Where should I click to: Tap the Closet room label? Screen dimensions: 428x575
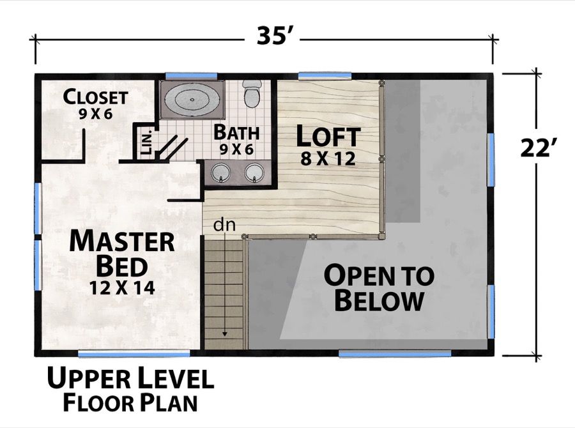tap(96, 98)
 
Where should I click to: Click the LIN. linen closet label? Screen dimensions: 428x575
tap(144, 142)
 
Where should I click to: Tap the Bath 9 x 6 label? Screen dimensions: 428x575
tap(236, 139)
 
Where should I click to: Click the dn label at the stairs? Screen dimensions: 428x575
tap(222, 225)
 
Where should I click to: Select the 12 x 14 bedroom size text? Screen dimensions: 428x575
tap(122, 287)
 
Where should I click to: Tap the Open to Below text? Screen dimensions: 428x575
tap(379, 287)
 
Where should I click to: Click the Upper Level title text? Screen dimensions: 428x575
tap(130, 379)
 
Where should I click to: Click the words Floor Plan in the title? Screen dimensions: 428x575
tap(130, 403)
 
